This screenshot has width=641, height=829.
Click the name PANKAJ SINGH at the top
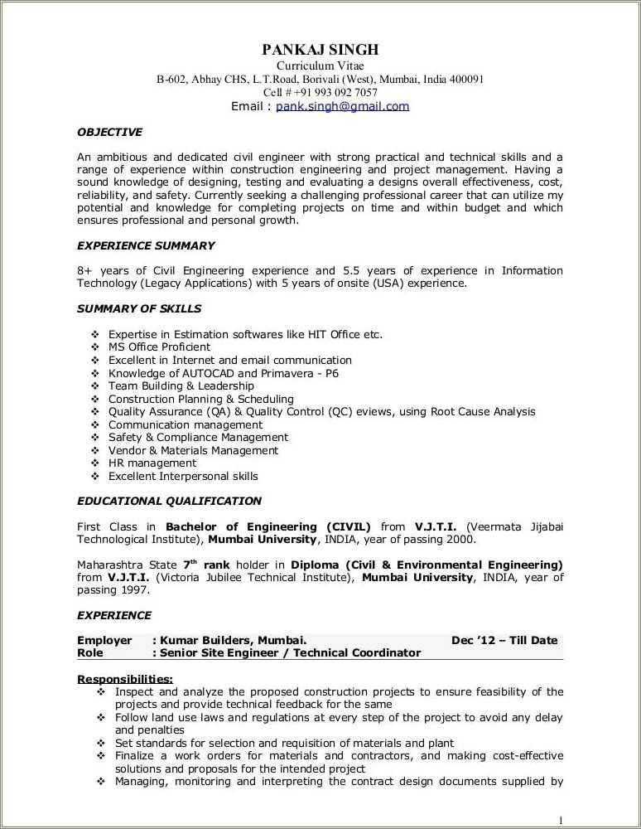320,50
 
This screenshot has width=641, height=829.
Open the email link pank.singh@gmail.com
342,106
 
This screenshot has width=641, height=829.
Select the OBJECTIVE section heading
109,132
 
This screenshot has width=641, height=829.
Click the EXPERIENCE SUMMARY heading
146,245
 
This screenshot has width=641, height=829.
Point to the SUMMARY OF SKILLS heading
139,308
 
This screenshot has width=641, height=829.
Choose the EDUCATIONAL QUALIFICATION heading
169,501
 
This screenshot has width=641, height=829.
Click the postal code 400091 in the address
466,80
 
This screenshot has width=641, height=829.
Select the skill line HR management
152,463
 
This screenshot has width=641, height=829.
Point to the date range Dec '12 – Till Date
504,640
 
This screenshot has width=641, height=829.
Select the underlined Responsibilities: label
125,679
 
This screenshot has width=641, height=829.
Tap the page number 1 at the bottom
561,820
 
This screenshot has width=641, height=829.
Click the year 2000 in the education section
460,539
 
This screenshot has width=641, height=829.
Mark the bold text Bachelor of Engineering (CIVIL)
268,526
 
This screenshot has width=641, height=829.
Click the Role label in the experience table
90,652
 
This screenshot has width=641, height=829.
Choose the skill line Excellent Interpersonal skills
183,477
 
